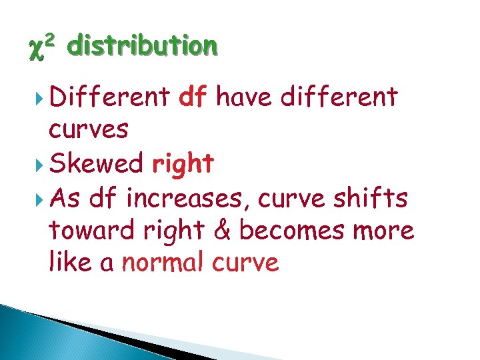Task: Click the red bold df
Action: click(193, 97)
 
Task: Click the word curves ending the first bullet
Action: click(89, 130)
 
